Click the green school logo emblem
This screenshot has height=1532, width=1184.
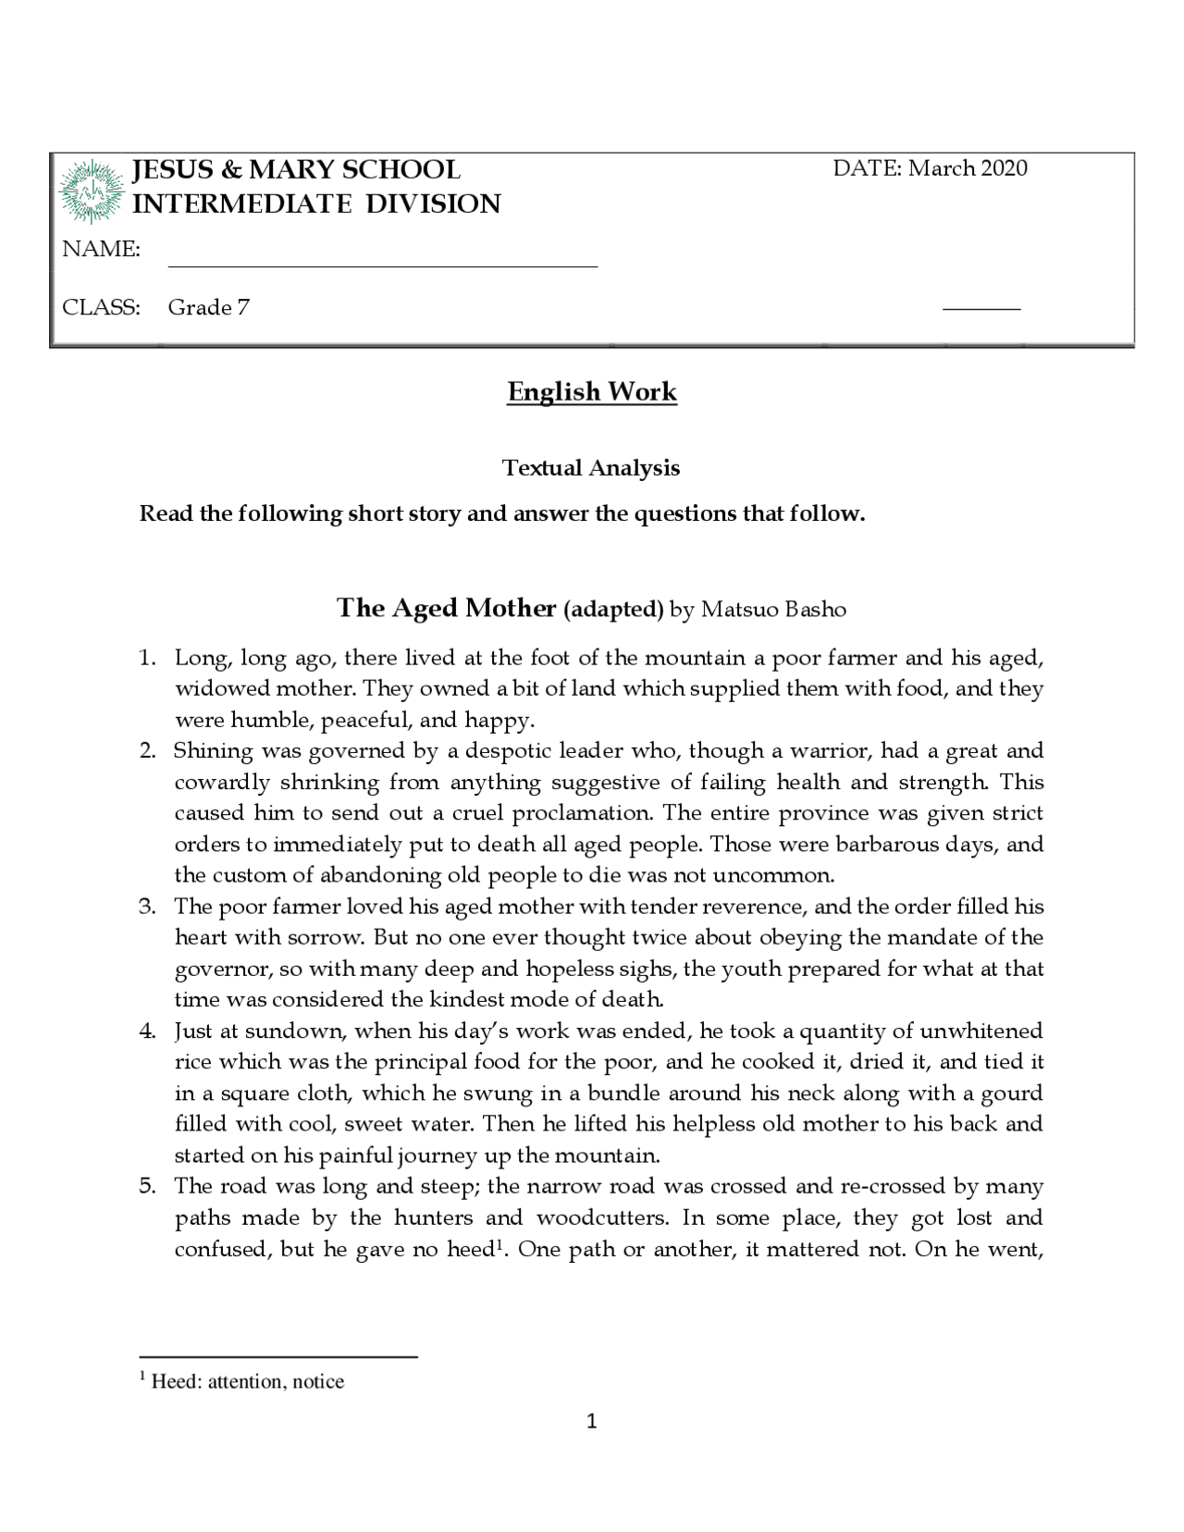click(91, 191)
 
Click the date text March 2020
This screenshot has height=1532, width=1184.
click(968, 168)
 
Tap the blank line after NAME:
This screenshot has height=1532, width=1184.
click(382, 265)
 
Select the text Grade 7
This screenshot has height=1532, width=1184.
click(208, 308)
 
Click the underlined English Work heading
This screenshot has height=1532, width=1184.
click(592, 392)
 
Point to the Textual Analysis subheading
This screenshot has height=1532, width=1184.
click(591, 468)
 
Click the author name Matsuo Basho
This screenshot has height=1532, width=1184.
click(773, 610)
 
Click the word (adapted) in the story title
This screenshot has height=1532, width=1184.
click(613, 610)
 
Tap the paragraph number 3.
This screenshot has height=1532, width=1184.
click(147, 907)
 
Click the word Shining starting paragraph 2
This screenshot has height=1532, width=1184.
click(213, 751)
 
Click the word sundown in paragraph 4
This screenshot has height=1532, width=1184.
click(294, 1032)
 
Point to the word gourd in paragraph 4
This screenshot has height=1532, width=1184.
click(1012, 1093)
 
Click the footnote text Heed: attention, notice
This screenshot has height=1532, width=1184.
click(247, 1382)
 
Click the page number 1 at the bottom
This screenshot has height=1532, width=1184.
click(592, 1422)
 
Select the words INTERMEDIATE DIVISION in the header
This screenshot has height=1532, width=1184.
click(316, 204)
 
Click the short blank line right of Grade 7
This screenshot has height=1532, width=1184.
click(980, 308)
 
